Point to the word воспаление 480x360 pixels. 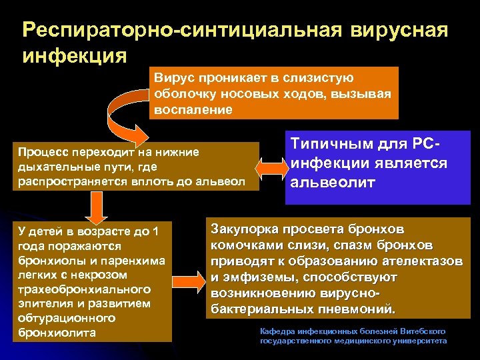pyautogui.click(x=193, y=109)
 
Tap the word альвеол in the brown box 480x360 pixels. pyautogui.click(x=223, y=181)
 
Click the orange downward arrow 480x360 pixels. pyautogui.click(x=95, y=209)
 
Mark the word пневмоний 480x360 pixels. pyautogui.click(x=363, y=309)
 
